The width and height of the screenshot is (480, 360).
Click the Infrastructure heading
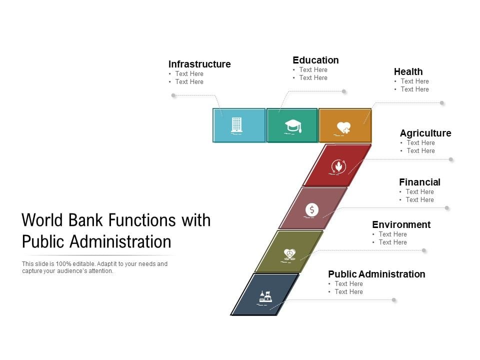point(199,64)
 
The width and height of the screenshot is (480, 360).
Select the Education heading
point(315,60)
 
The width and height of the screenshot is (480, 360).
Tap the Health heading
point(408,71)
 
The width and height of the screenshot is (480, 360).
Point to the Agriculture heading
point(425,133)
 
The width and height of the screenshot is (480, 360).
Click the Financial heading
point(419,182)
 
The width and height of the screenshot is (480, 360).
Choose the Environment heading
point(401,224)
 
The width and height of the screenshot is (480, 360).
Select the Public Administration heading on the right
point(376,274)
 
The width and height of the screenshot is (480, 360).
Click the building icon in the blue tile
point(236,125)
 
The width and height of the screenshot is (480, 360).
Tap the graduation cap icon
point(293,126)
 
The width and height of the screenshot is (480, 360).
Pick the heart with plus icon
point(343,128)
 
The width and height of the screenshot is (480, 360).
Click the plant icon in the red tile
point(338,167)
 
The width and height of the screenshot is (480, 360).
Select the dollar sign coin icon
point(311,210)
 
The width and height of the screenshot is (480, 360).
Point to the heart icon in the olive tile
point(289,254)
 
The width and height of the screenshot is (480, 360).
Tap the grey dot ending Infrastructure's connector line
point(173,95)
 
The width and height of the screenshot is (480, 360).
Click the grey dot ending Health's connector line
point(441,103)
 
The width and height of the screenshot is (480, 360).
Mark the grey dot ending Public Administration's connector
point(393,299)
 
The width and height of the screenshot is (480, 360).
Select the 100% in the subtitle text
point(63,264)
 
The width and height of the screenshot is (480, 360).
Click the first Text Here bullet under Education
point(313,70)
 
